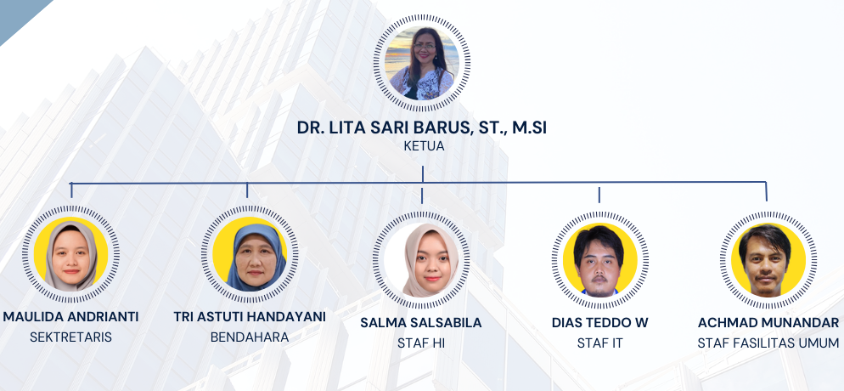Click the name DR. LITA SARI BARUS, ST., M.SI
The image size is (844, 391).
(421, 127)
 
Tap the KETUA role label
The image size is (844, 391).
(424, 146)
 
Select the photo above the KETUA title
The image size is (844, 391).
(422, 63)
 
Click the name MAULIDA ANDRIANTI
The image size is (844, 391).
(70, 317)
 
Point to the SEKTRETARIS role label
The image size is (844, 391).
(70, 337)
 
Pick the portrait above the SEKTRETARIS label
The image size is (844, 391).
(71, 253)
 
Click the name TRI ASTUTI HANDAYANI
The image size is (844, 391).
(250, 317)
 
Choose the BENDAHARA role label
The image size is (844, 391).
(250, 337)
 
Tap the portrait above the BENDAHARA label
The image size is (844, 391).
(250, 253)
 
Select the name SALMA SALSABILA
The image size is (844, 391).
(421, 323)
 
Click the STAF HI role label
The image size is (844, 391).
(421, 343)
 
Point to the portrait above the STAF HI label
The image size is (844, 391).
(421, 259)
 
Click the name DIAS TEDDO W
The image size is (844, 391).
(599, 323)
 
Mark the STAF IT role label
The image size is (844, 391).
(599, 343)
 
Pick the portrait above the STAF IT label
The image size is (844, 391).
(599, 259)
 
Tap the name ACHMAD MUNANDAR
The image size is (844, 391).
(768, 323)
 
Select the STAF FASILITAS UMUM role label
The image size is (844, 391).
(768, 343)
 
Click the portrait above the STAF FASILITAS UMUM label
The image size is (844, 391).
(768, 259)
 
